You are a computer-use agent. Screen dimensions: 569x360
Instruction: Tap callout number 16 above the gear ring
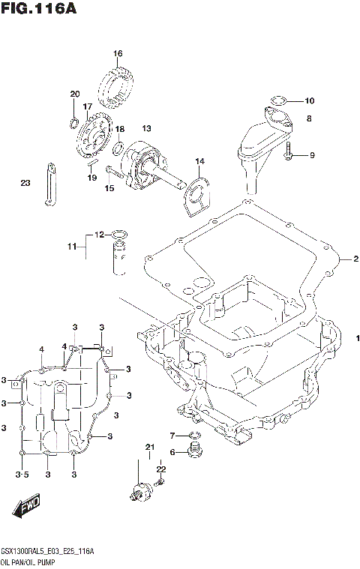pyautogui.click(x=118, y=53)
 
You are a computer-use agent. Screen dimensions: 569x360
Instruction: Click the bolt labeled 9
pyautogui.click(x=289, y=155)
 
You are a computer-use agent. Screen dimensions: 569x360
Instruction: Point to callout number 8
pyautogui.click(x=308, y=118)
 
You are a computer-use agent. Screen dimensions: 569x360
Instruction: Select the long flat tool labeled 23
pyautogui.click(x=48, y=184)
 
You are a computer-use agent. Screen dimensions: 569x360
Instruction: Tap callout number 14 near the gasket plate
pyautogui.click(x=199, y=161)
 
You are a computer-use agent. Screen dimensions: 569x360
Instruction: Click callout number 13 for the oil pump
pyautogui.click(x=146, y=128)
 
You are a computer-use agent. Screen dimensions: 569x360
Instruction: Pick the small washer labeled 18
pyautogui.click(x=118, y=144)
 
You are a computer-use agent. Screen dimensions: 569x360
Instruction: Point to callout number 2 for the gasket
pyautogui.click(x=356, y=259)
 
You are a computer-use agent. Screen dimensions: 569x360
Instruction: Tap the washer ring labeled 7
pyautogui.click(x=195, y=436)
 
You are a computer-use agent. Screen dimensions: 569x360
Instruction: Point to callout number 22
pyautogui.click(x=160, y=469)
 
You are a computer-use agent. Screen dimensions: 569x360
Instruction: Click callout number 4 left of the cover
pyautogui.click(x=42, y=349)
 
